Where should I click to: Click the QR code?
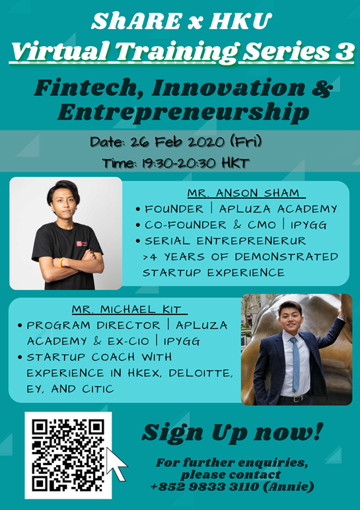pos(68,455)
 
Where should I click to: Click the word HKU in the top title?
pos(240,21)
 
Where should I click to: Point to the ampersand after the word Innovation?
pos(322,88)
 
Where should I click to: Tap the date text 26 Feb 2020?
pos(178,142)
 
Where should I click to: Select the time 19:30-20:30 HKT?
pos(196,163)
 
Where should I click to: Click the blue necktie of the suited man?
pos(295,363)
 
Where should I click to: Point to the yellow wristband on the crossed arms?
pos(62,262)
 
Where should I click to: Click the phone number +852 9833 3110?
pos(205,487)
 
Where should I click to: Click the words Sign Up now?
pos(233,433)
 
